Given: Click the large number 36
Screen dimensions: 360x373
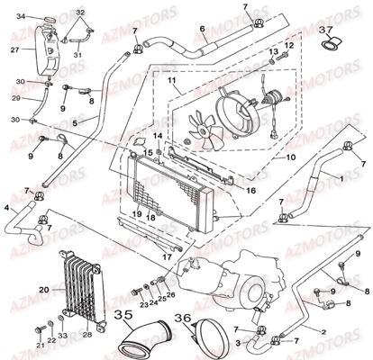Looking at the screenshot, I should pyautogui.click(x=183, y=318).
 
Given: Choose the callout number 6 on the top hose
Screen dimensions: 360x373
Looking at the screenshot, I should pyautogui.click(x=204, y=40).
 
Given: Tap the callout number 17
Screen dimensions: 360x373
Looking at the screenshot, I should pyautogui.click(x=168, y=256).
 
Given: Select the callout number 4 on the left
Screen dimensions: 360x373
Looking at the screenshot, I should pyautogui.click(x=6, y=209).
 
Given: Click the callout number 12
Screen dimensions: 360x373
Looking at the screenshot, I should pyautogui.click(x=290, y=44).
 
